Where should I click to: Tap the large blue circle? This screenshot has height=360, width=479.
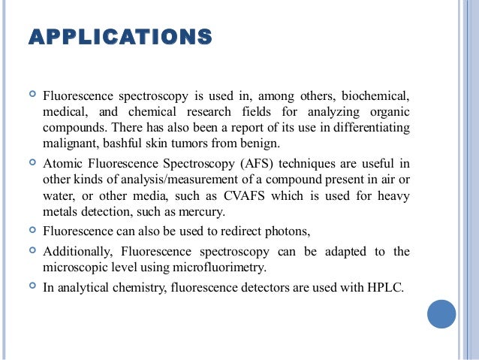pyautogui.click(x=441, y=313)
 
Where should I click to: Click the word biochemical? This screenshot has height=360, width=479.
pyautogui.click(x=376, y=96)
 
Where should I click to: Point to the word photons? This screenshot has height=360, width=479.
pyautogui.click(x=285, y=231)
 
